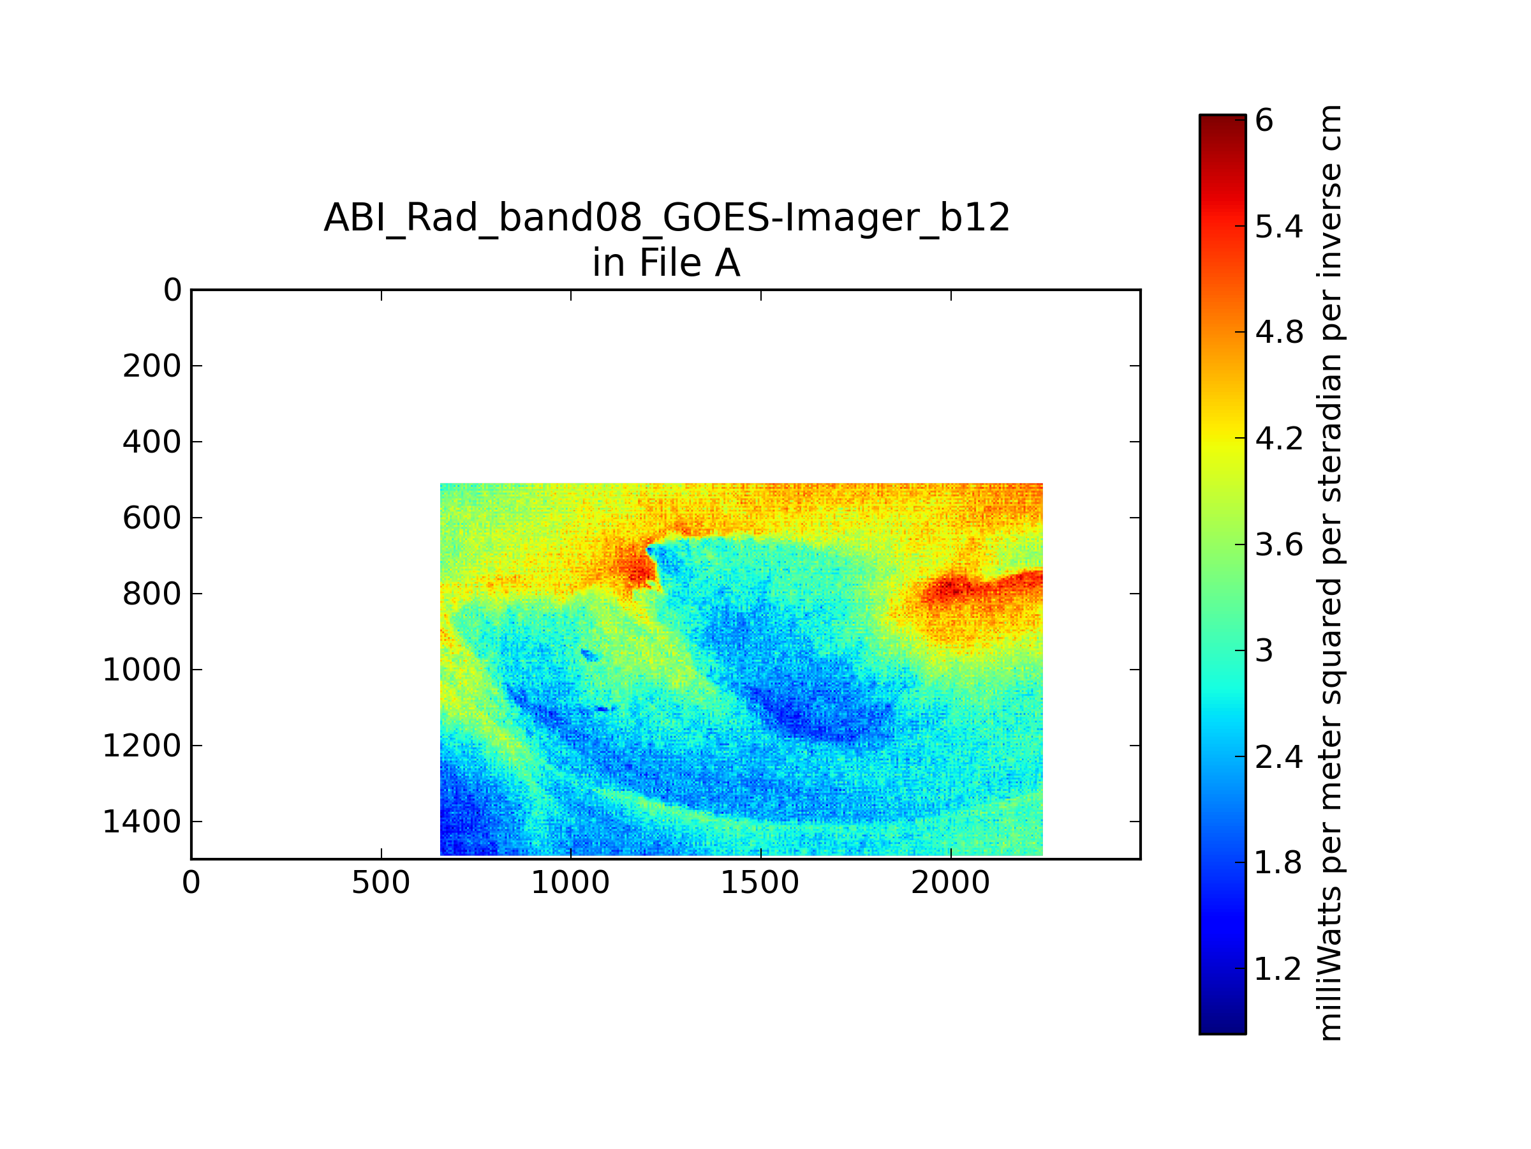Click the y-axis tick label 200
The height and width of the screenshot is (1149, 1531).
click(152, 366)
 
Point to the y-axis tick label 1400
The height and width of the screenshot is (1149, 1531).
click(142, 822)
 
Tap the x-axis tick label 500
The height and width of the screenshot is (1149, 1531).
click(381, 883)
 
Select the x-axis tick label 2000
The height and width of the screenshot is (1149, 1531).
click(950, 883)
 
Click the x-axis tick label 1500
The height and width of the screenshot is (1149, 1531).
click(760, 883)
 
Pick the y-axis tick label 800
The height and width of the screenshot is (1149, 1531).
click(152, 594)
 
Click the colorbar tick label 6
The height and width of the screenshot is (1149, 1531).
click(1264, 121)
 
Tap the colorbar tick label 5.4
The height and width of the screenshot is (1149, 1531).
click(1279, 227)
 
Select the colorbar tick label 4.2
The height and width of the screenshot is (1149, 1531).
click(1279, 439)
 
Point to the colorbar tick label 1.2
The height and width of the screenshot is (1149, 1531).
click(1279, 969)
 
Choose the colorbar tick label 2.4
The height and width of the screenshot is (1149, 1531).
click(1279, 757)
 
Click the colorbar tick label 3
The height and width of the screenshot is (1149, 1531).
click(1264, 651)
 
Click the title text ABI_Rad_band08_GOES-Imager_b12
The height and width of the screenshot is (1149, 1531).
click(667, 219)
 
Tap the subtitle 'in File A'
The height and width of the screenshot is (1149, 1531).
click(666, 263)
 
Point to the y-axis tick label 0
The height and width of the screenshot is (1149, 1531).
click(172, 290)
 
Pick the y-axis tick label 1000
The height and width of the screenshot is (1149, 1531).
click(142, 670)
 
